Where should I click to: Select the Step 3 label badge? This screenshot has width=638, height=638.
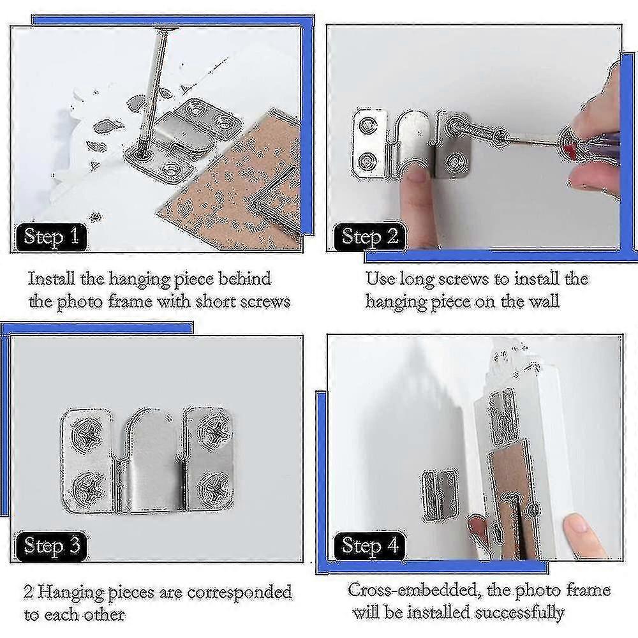tap(51, 546)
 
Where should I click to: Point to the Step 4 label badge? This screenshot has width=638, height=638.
tap(369, 546)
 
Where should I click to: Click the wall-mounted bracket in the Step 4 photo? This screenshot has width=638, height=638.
tap(441, 494)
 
